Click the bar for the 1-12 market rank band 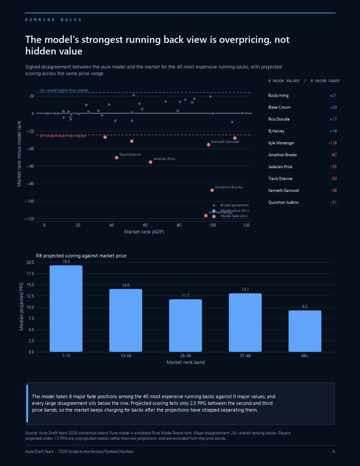pos(66,309)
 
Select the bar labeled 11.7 pos(186,326)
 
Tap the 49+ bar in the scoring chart pos(305,331)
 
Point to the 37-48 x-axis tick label pos(245,356)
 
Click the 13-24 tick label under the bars pos(126,356)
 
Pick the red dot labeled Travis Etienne pos(116,157)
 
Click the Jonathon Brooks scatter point pos(212,190)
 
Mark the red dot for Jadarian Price pos(150,162)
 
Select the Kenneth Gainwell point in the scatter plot pos(208,145)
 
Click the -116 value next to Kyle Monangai pos(332,143)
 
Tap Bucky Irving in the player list pos(278,95)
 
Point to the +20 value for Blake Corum pos(333,107)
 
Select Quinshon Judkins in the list pos(283,202)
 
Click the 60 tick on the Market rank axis pos(145,225)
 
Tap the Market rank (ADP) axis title pos(144,232)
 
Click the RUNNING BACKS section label pos(53,20)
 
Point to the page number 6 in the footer pos(334,451)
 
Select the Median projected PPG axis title pos(21,306)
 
